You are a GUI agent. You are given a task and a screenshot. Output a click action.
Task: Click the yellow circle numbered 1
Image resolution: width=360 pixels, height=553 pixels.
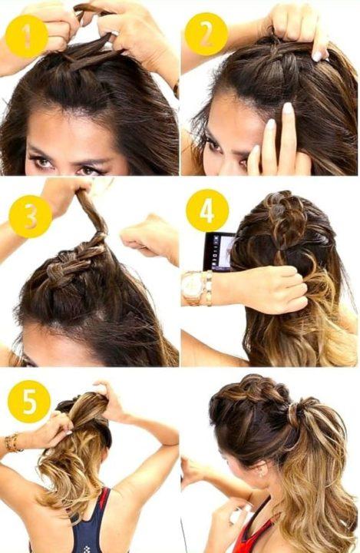[x=27, y=36]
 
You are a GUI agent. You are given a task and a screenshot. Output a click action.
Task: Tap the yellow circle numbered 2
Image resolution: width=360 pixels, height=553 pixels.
[x=206, y=35]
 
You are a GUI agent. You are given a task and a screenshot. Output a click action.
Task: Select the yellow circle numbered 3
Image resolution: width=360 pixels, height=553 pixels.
[x=31, y=216]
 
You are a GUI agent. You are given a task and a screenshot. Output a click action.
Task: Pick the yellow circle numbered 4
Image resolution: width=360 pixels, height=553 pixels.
[x=207, y=210]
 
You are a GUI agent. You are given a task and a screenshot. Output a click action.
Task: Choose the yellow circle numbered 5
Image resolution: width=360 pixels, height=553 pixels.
[x=29, y=402]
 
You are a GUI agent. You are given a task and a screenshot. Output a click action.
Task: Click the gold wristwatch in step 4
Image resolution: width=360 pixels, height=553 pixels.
[x=193, y=288]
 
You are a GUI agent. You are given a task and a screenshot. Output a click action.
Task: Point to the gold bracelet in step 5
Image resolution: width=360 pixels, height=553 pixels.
[x=12, y=443]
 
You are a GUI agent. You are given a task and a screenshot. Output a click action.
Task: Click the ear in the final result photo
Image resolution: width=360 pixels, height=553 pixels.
[x=262, y=472]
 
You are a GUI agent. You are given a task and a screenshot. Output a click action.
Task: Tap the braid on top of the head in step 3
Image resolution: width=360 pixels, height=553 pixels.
[x=74, y=260]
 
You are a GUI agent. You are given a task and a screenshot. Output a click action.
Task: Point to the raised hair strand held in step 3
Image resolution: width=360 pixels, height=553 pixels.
[x=91, y=212]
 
